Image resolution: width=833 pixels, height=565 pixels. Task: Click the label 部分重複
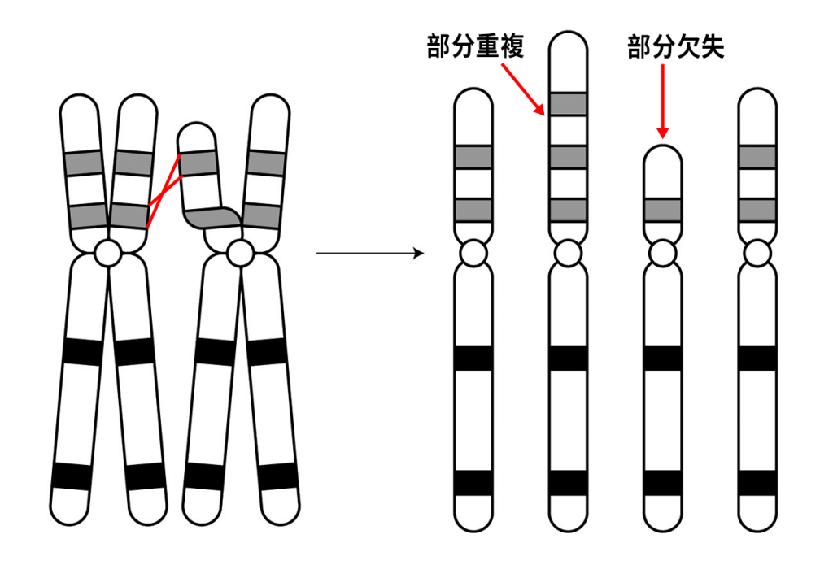(x=475, y=46)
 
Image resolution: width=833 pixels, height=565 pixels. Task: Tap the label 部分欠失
(x=676, y=46)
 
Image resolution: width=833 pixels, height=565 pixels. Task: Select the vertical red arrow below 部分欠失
(x=662, y=102)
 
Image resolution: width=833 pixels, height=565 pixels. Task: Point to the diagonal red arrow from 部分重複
(x=523, y=89)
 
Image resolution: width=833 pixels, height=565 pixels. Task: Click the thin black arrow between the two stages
(x=370, y=254)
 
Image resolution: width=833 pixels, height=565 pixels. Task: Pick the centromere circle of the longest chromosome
(x=568, y=253)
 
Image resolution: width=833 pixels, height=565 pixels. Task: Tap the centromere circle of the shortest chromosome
(x=662, y=253)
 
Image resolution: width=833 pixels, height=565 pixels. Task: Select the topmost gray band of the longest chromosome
(x=568, y=103)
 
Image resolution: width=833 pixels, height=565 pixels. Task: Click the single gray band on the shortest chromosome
(x=662, y=210)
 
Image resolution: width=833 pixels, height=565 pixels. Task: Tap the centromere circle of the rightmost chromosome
(x=757, y=253)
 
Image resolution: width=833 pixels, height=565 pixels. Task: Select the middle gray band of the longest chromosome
(x=568, y=157)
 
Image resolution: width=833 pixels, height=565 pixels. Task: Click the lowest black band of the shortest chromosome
(x=662, y=483)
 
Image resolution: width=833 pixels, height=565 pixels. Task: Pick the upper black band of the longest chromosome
(x=568, y=358)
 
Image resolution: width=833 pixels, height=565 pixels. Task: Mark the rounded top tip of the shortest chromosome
(x=662, y=146)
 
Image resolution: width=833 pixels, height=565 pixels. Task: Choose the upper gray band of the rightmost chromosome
(x=757, y=157)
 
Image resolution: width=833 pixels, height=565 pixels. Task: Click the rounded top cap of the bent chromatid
(x=197, y=133)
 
